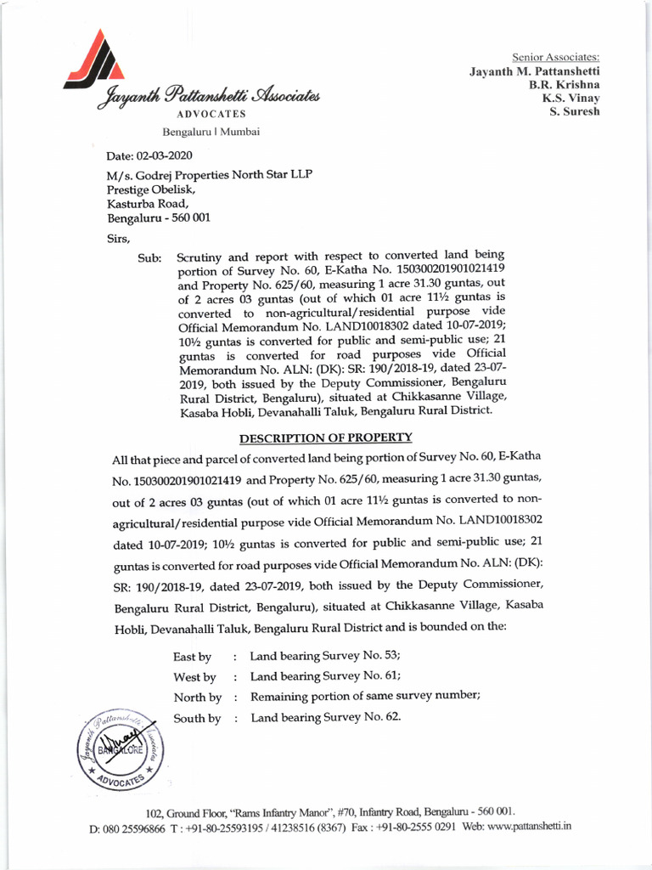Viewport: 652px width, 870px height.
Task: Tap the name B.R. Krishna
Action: point(565,84)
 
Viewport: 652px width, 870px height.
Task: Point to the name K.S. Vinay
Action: point(571,98)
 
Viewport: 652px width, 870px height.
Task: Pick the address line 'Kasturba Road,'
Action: point(146,203)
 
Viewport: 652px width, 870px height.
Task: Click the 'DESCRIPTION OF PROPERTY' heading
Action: point(326,438)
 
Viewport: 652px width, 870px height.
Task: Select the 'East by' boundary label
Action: point(192,657)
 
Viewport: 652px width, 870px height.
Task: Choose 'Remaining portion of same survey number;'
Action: point(365,697)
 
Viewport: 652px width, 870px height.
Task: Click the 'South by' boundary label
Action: point(197,719)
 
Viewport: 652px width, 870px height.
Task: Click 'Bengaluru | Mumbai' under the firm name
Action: point(211,132)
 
